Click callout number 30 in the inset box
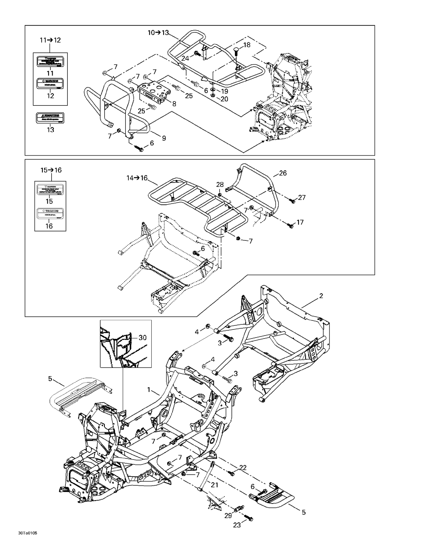(143, 338)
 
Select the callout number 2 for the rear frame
(321, 296)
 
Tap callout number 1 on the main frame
(149, 390)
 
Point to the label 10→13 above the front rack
(158, 33)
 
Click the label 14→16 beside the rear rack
(137, 178)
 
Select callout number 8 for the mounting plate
(174, 104)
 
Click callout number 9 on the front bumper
(164, 138)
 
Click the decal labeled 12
(50, 84)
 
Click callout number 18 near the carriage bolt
(247, 45)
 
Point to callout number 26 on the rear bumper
(283, 173)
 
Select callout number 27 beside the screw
(302, 197)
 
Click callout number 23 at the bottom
(237, 525)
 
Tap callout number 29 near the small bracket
(228, 515)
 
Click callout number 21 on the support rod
(214, 485)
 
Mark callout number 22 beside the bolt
(243, 468)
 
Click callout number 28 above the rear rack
(220, 185)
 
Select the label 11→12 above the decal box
(50, 40)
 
